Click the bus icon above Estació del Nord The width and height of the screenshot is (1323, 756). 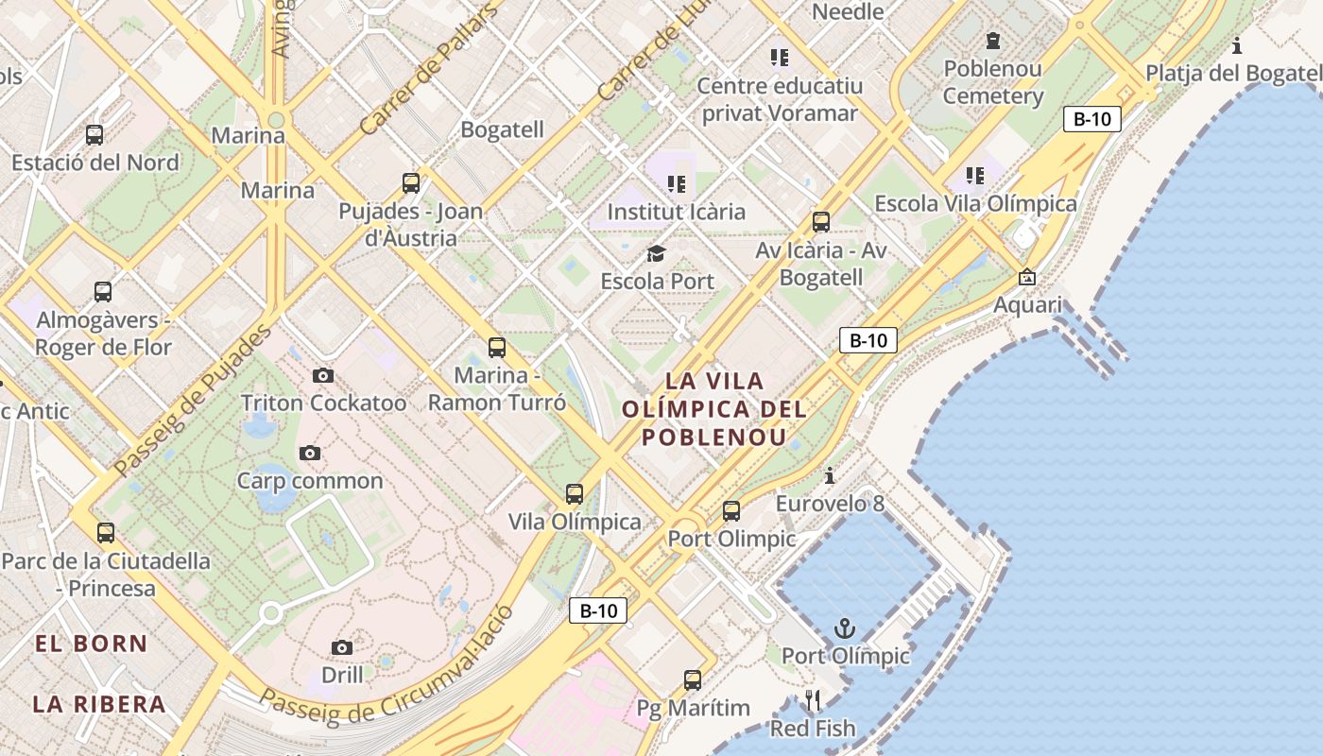point(94,134)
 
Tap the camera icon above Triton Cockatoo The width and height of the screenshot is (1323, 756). point(323,375)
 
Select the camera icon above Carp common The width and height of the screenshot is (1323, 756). point(309,453)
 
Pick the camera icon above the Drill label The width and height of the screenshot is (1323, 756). point(342,647)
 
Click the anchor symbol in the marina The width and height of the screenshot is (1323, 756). point(844,627)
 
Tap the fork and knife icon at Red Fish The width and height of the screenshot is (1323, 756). point(813,700)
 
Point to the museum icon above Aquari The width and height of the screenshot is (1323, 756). point(1027,277)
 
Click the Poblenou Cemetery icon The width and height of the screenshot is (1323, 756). point(992,41)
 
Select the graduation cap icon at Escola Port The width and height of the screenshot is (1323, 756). point(656,253)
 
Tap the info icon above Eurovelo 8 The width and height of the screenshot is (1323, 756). point(830,474)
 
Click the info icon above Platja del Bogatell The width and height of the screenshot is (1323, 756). point(1237,44)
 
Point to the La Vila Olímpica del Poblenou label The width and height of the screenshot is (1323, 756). point(714,409)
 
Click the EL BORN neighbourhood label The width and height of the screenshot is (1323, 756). point(91,644)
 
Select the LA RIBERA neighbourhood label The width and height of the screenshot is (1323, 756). point(99,704)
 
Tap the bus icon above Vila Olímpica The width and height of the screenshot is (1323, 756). point(575,493)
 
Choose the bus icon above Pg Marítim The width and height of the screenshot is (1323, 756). point(693,679)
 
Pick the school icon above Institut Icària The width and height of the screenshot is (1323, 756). point(676,183)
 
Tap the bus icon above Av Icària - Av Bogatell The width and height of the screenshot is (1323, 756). point(821,222)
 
